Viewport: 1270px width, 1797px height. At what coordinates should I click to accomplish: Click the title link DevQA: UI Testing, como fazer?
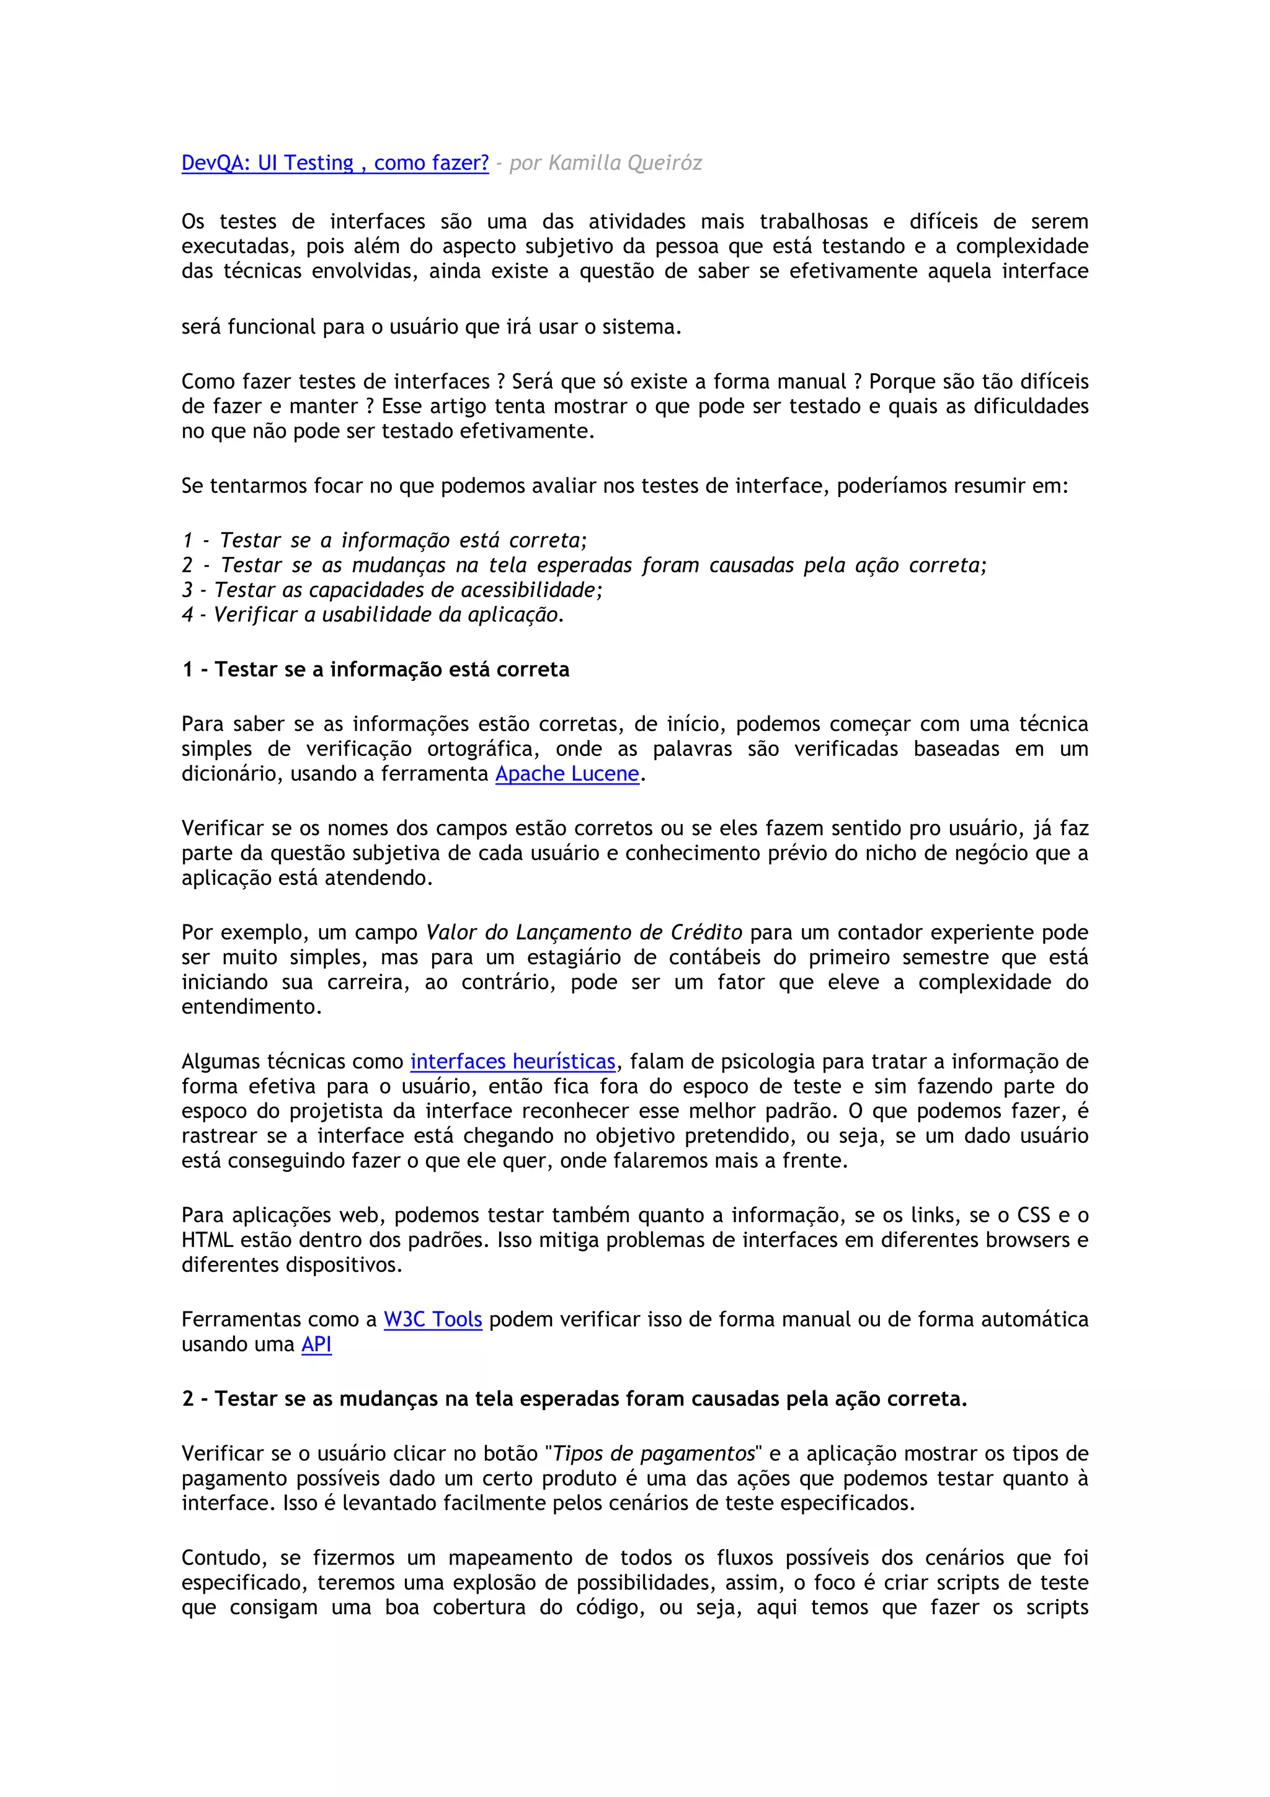(x=335, y=163)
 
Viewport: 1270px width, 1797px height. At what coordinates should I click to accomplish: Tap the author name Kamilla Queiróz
(x=625, y=163)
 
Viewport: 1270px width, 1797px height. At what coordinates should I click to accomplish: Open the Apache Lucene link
(x=567, y=774)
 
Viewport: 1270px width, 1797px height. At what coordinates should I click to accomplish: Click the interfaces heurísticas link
(x=513, y=1062)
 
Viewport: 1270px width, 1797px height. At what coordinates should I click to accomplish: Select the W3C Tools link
(x=432, y=1319)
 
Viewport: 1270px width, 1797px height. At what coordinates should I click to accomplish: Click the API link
(x=316, y=1344)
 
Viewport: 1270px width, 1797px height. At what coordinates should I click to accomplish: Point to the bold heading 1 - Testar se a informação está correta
(x=376, y=669)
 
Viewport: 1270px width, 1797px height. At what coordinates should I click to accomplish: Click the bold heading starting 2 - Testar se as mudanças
(x=574, y=1399)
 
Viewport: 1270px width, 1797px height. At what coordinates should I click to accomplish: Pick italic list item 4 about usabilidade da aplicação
(x=373, y=615)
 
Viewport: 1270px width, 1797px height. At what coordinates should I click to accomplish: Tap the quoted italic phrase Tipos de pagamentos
(x=654, y=1453)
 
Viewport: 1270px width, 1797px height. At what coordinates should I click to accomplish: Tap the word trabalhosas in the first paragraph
(x=814, y=221)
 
